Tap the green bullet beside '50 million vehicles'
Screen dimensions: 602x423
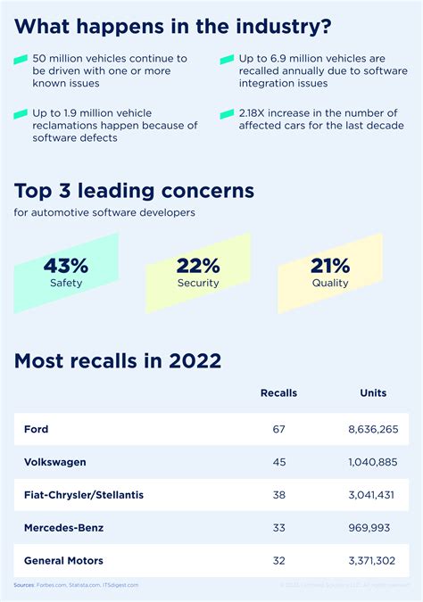21,61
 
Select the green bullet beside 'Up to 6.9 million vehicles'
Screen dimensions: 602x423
226,61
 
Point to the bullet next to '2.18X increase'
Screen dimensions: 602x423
226,113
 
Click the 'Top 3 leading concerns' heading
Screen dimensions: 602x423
134,191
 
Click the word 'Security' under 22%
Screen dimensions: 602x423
198,283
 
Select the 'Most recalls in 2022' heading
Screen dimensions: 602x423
118,361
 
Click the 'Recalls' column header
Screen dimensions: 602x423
278,393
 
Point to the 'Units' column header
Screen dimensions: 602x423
373,393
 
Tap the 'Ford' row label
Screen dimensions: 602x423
37,429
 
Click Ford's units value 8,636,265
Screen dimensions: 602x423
373,429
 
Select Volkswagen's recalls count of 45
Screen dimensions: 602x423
278,462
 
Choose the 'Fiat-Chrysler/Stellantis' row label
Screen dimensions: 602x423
84,495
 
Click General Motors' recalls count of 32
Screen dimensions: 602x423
278,561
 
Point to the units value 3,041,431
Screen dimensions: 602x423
373,495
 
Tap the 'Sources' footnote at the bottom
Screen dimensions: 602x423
76,586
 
